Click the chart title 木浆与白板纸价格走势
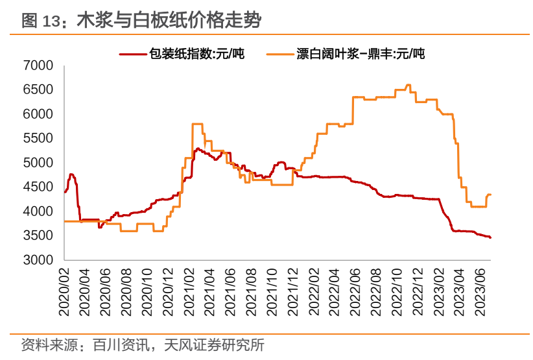[x=169, y=21]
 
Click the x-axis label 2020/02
[x=64, y=291]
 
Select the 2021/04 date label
[x=208, y=291]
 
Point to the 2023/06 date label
[x=481, y=291]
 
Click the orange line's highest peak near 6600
[x=408, y=85]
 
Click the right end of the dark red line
[x=490, y=237]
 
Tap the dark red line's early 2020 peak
[x=71, y=174]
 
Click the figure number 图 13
[x=40, y=21]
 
